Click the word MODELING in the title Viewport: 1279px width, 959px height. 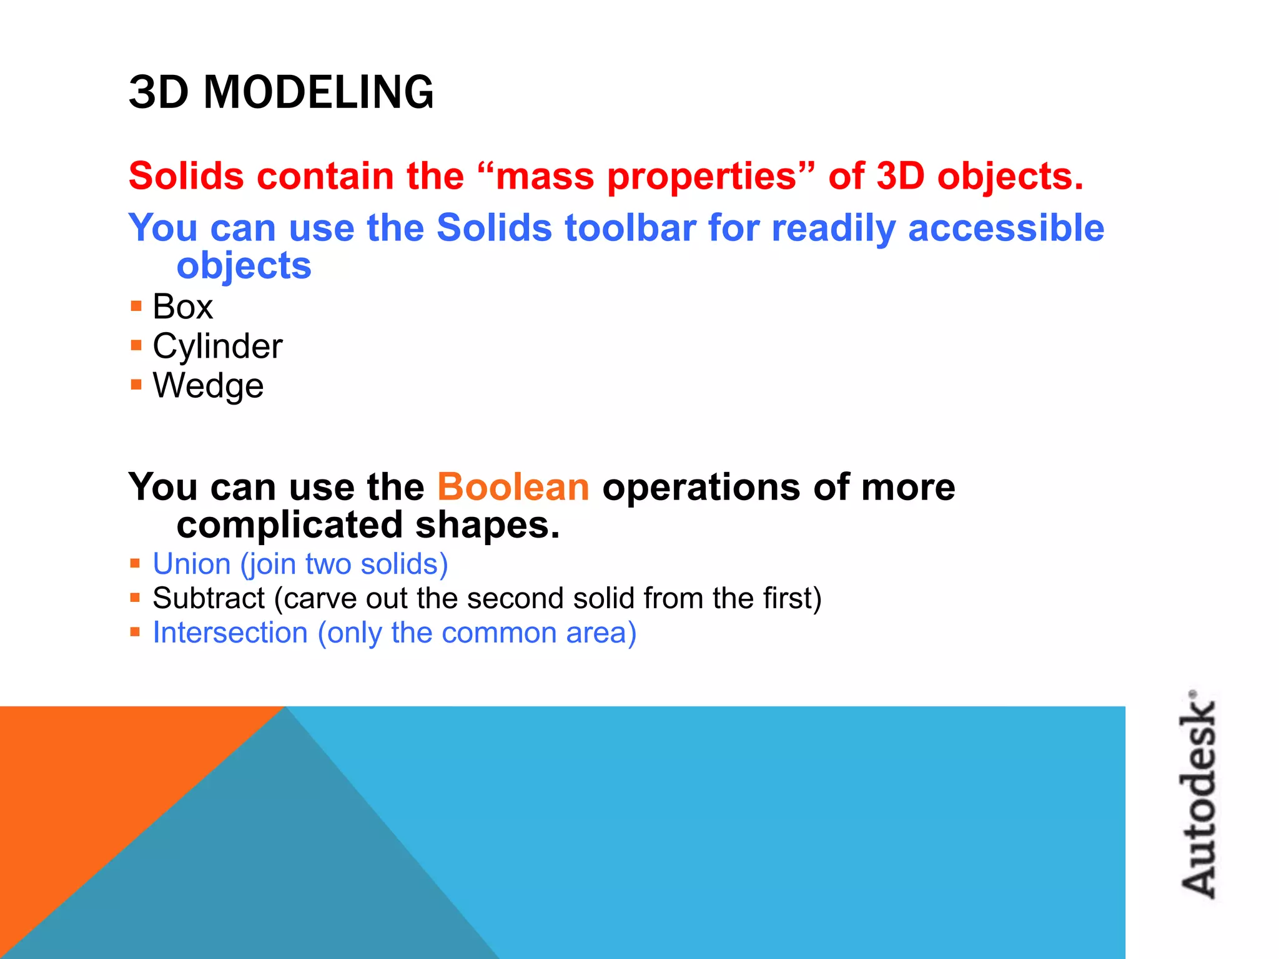pos(318,92)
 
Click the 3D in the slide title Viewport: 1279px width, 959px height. pos(159,92)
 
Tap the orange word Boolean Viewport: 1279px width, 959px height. pos(513,487)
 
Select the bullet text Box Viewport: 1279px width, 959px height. pos(182,307)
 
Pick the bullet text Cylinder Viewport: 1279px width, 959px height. pos(217,347)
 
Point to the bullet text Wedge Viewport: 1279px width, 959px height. pos(208,386)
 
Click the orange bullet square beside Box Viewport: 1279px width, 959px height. pos(136,306)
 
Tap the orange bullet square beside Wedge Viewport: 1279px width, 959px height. pos(136,384)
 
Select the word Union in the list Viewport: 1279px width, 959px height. pos(192,564)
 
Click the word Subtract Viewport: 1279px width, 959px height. pos(209,599)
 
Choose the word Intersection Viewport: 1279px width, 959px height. pos(230,633)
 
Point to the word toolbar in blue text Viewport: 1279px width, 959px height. pos(630,228)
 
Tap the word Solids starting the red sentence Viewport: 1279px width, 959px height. pos(185,177)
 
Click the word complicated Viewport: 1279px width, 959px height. pos(289,526)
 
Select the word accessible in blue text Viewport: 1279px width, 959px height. pos(1005,228)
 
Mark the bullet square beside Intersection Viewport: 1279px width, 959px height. pos(135,632)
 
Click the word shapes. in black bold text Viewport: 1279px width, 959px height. pos(487,526)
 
